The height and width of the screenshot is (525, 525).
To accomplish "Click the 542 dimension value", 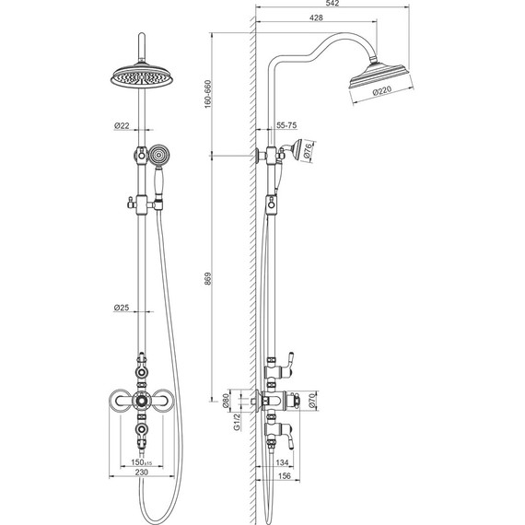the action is (332, 4).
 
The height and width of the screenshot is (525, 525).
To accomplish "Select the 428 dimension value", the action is (316, 17).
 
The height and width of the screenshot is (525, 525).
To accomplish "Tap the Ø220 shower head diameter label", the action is (382, 90).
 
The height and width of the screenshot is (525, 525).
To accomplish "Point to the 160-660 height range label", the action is (208, 94).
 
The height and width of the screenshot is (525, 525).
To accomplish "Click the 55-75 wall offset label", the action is (286, 125).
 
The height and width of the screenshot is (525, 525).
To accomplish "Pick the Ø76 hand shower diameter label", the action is (308, 150).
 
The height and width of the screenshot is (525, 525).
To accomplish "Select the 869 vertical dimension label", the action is (208, 279).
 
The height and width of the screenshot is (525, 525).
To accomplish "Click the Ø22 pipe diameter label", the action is (122, 126).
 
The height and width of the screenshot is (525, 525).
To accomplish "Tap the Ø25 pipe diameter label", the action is (122, 308).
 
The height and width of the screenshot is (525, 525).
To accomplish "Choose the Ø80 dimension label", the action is (227, 401).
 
